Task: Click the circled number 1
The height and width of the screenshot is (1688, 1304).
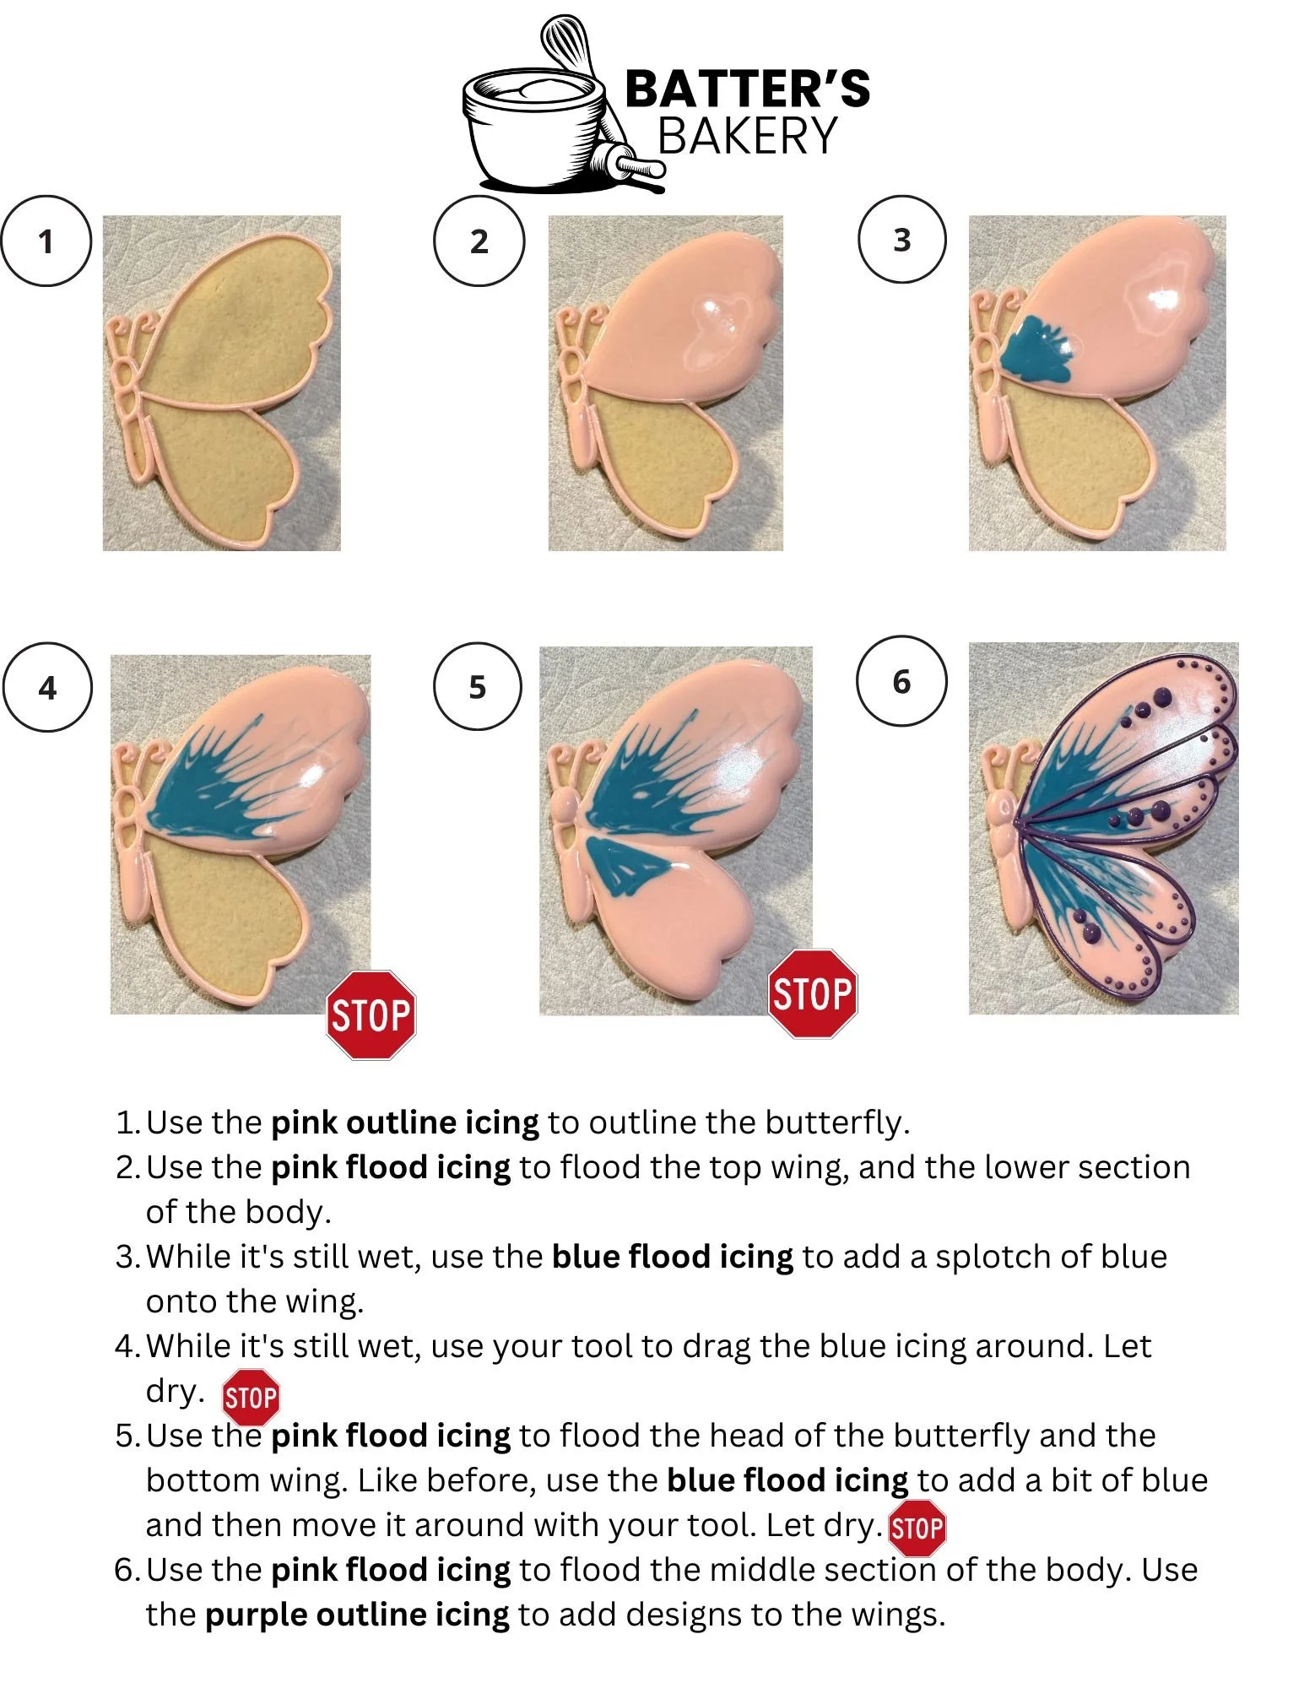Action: tap(46, 241)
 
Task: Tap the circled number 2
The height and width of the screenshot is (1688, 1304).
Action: tap(479, 241)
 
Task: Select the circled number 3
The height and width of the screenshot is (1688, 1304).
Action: tap(902, 240)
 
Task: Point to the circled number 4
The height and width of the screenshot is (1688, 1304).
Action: tap(47, 687)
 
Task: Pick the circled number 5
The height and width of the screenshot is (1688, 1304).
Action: tap(478, 687)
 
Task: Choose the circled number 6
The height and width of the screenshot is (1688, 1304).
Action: tap(901, 680)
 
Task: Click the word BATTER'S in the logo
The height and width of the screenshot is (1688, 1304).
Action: tap(748, 89)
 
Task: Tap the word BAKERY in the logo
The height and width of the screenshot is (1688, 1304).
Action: tap(747, 135)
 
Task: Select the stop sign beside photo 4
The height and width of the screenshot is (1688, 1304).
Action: tap(371, 1014)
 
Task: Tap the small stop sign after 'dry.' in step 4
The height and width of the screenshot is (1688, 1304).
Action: tap(251, 1398)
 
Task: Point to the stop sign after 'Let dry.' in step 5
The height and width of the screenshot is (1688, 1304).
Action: tap(917, 1528)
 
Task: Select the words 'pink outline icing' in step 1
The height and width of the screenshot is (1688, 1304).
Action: tap(405, 1123)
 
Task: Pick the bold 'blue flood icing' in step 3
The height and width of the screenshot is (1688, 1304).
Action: tap(673, 1257)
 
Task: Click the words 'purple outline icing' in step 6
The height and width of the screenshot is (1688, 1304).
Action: tap(357, 1615)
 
